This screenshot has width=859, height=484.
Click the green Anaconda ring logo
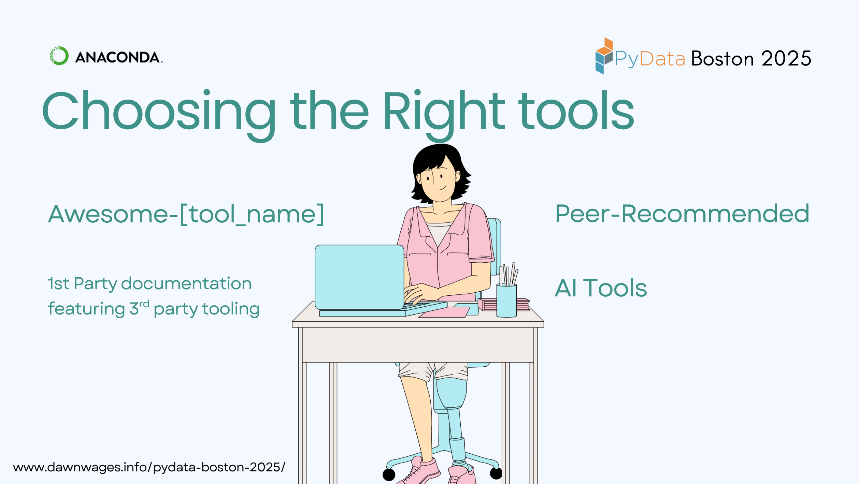59,56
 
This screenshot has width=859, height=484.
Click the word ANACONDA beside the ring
118,57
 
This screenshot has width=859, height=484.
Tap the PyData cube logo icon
604,56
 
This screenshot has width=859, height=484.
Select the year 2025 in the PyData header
786,59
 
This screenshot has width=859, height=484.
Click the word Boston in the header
722,59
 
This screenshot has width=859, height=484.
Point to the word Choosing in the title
159,111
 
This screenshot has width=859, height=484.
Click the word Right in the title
444,111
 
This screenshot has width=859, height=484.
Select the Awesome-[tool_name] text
186,214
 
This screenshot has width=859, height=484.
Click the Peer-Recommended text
682,214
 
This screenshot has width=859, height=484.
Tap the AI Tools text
601,288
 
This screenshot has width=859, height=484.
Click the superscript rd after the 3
144,304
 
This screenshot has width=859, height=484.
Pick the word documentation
186,283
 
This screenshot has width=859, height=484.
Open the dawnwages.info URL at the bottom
149,467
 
